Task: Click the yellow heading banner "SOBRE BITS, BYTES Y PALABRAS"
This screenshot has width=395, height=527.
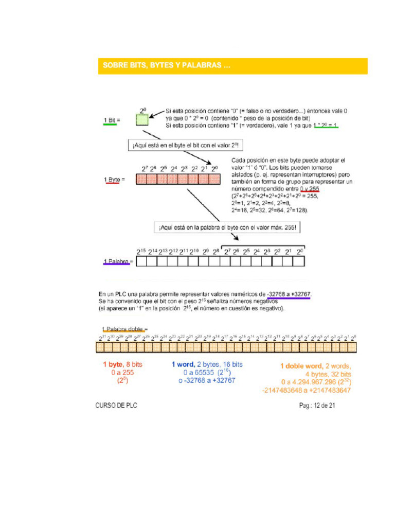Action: (x=232, y=66)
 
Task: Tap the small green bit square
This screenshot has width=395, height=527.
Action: (x=143, y=120)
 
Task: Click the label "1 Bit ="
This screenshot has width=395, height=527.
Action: (x=110, y=120)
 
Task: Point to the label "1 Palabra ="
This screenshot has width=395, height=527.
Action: (x=118, y=261)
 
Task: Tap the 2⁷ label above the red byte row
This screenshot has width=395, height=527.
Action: (x=145, y=168)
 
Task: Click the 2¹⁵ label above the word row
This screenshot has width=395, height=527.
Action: (x=141, y=252)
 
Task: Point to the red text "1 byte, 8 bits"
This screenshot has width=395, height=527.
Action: (x=122, y=364)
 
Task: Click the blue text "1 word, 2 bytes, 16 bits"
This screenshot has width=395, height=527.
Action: (x=207, y=364)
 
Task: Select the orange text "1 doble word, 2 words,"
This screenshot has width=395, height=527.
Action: (x=315, y=366)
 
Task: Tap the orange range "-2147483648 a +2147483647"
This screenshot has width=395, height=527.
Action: (x=307, y=390)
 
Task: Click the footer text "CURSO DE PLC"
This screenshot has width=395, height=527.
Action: (x=116, y=406)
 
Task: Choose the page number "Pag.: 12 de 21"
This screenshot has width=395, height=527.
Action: (x=317, y=406)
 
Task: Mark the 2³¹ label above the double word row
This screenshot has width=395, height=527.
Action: (x=102, y=338)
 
